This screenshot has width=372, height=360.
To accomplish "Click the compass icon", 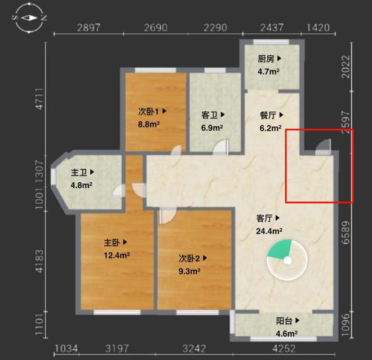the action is [29, 18].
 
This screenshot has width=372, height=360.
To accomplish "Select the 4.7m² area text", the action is [268, 72].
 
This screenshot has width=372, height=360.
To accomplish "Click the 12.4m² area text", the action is [117, 256].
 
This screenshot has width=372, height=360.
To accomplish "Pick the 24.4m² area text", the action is [269, 231].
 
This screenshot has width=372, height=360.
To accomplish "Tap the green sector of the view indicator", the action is [281, 249].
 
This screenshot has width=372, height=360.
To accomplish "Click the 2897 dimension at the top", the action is [88, 28].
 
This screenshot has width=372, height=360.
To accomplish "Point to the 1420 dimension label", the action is [318, 28].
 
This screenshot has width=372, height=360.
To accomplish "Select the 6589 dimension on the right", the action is [346, 232].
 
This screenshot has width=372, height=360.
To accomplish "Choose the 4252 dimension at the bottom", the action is [284, 349].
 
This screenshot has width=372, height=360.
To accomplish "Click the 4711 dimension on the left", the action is [39, 99].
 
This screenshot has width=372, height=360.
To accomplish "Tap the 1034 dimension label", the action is [66, 349].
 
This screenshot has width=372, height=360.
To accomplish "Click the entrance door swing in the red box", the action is [322, 147].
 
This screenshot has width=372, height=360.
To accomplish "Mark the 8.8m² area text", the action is [148, 125].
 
